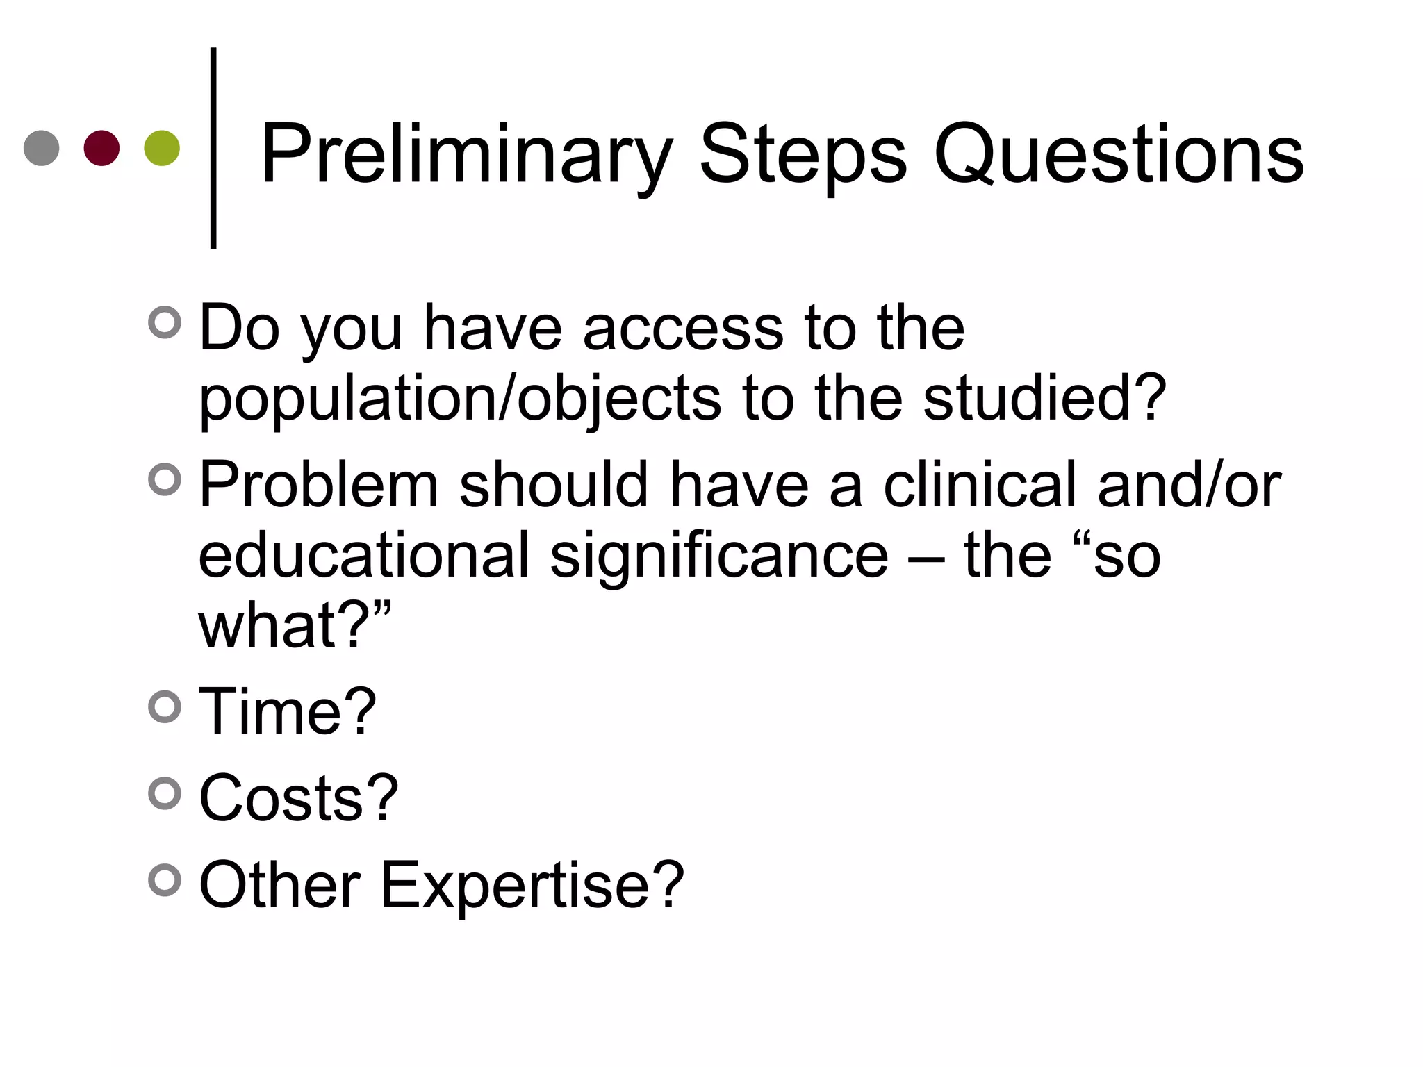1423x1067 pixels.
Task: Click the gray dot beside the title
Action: pos(42,148)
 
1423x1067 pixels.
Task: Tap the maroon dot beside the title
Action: pos(101,148)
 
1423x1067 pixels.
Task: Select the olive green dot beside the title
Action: pos(162,148)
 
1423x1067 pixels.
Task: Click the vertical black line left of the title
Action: pos(213,148)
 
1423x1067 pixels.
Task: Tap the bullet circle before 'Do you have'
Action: pos(165,322)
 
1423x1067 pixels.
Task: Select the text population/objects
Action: pos(460,399)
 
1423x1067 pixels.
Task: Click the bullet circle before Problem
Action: pos(165,479)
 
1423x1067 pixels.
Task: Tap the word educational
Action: pos(364,555)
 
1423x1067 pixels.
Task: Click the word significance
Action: pos(719,555)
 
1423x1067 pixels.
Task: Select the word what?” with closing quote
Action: pos(295,625)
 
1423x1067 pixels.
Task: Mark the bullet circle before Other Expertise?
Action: pos(165,880)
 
